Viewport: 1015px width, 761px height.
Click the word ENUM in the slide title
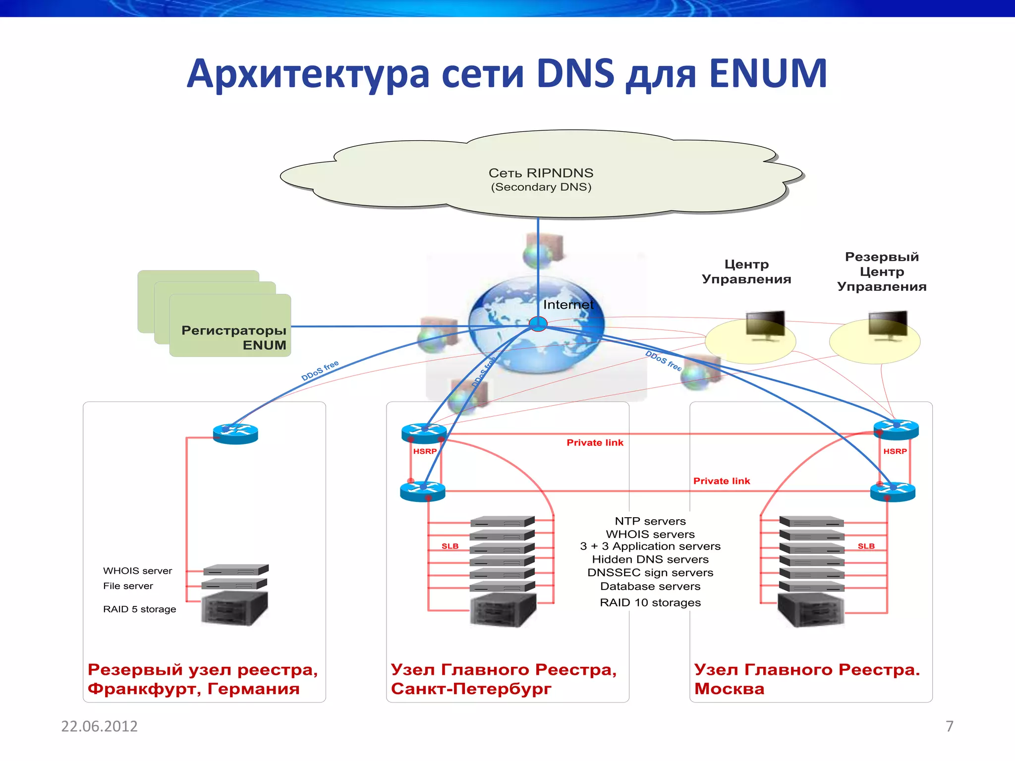tap(768, 74)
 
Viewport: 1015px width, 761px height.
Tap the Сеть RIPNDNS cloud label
tap(541, 173)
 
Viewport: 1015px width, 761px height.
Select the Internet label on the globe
tap(568, 305)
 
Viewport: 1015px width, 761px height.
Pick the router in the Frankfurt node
tap(235, 434)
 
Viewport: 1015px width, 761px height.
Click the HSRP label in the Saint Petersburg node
tap(425, 451)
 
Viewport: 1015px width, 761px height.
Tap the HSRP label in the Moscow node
tap(895, 451)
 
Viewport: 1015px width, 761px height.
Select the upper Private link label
tap(595, 442)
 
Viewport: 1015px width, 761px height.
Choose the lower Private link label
tap(721, 481)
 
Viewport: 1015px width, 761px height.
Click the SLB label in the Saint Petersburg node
tap(450, 546)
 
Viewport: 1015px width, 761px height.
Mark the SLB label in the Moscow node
tap(866, 546)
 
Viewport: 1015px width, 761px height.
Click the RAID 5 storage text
tap(139, 609)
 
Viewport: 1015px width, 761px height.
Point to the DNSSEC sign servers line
tap(650, 573)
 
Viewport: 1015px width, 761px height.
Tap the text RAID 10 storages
tap(650, 602)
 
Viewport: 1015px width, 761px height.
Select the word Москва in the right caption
tap(729, 689)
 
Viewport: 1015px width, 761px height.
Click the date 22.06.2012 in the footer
tap(99, 726)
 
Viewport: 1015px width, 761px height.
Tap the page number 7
tap(949, 726)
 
